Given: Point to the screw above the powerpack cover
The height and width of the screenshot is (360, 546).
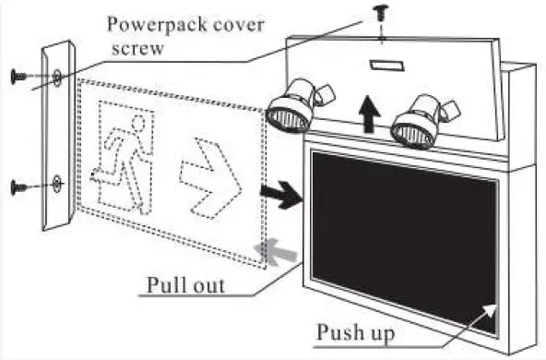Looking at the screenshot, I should pos(379,13).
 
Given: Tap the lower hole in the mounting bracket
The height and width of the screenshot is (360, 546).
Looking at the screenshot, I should pos(56,184).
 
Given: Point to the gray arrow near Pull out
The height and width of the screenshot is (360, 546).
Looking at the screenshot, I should pos(272,246).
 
